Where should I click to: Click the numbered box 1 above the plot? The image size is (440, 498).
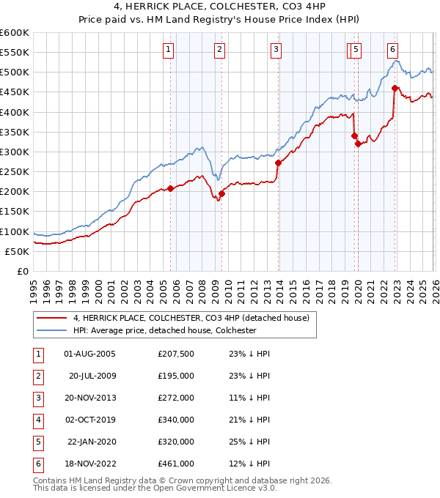169,50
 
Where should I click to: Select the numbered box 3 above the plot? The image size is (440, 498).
276,50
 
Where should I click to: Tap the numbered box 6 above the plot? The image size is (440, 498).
393,50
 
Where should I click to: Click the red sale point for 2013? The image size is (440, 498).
278,163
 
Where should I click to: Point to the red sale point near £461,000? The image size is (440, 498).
395,88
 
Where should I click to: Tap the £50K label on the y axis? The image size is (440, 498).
17,251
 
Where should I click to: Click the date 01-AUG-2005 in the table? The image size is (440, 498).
89,354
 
